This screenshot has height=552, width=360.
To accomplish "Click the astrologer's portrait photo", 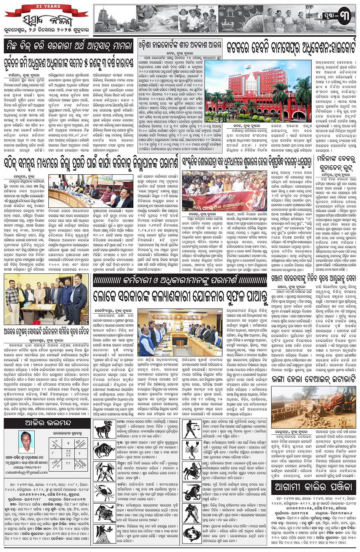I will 26,442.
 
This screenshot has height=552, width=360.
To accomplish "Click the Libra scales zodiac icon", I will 192,428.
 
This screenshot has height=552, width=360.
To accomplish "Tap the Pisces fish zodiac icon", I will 192,533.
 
